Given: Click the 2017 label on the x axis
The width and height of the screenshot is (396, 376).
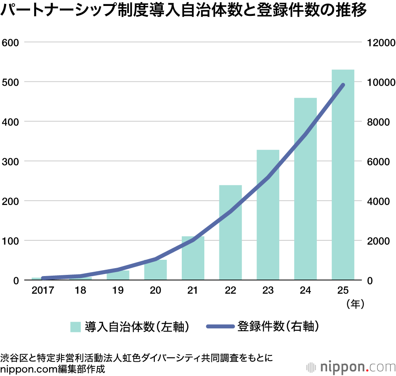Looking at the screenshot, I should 42,291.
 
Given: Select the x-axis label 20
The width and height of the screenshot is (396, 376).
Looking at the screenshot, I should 155,291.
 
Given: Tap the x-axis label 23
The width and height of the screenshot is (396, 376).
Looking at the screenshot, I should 268,291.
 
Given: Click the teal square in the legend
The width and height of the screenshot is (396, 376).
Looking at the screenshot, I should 75,327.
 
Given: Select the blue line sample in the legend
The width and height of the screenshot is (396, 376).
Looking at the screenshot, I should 220,327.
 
